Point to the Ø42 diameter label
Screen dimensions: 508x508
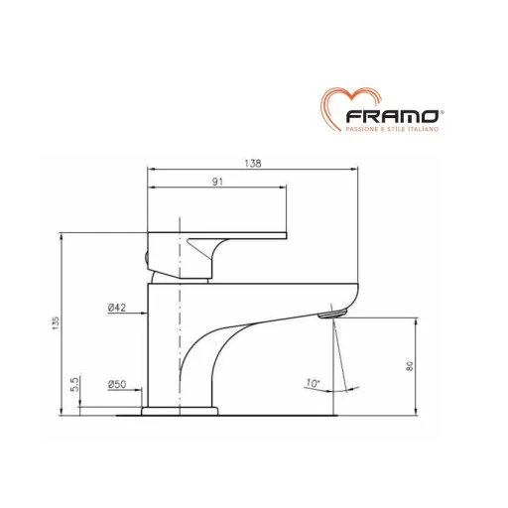pyautogui.click(x=116, y=308)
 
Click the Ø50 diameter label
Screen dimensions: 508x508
pyautogui.click(x=116, y=383)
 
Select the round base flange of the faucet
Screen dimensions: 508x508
pyautogui.click(x=183, y=409)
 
